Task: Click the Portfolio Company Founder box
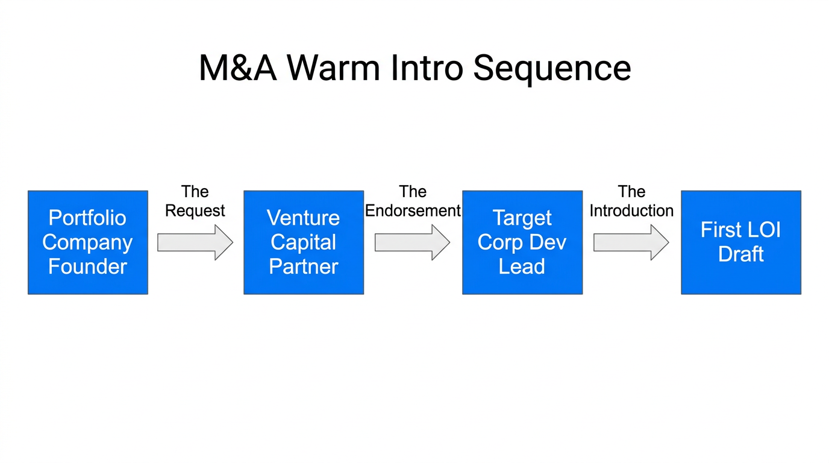(88, 242)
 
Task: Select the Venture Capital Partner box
(304, 242)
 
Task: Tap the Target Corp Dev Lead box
(522, 242)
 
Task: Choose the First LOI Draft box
(741, 242)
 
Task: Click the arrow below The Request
(195, 242)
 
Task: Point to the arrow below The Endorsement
(412, 242)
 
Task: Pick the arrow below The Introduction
(631, 242)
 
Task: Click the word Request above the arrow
(195, 210)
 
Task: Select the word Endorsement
(413, 210)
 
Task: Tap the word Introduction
(631, 210)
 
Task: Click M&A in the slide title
(237, 68)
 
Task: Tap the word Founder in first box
(88, 266)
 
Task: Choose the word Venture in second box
(304, 218)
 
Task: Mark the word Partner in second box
(304, 266)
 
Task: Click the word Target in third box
(522, 218)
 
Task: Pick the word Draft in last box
(741, 254)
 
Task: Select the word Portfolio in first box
(88, 218)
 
